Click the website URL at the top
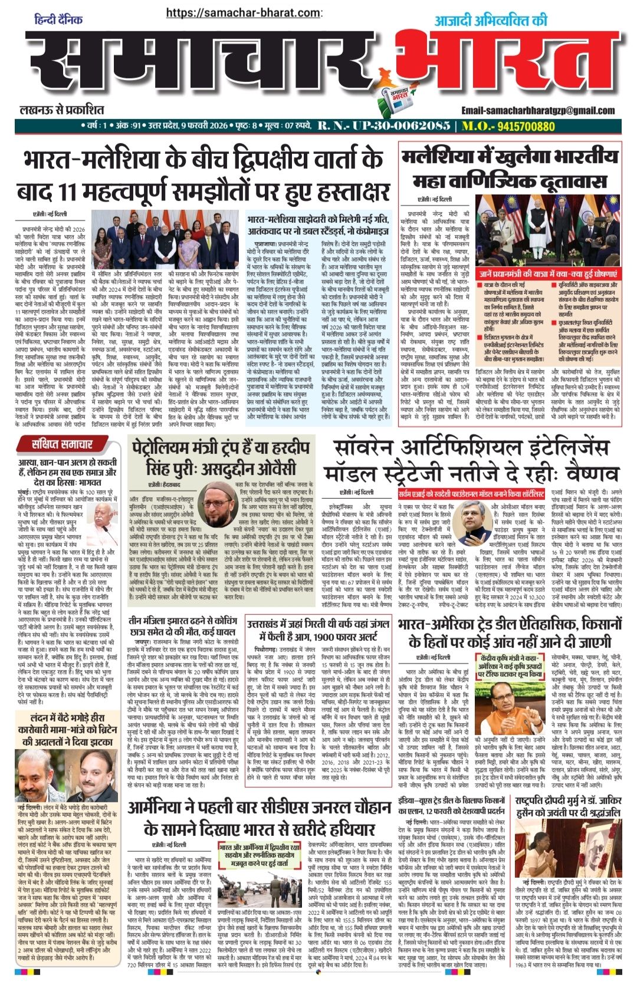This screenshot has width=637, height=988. coord(244,12)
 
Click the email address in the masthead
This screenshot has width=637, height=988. coord(538,110)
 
